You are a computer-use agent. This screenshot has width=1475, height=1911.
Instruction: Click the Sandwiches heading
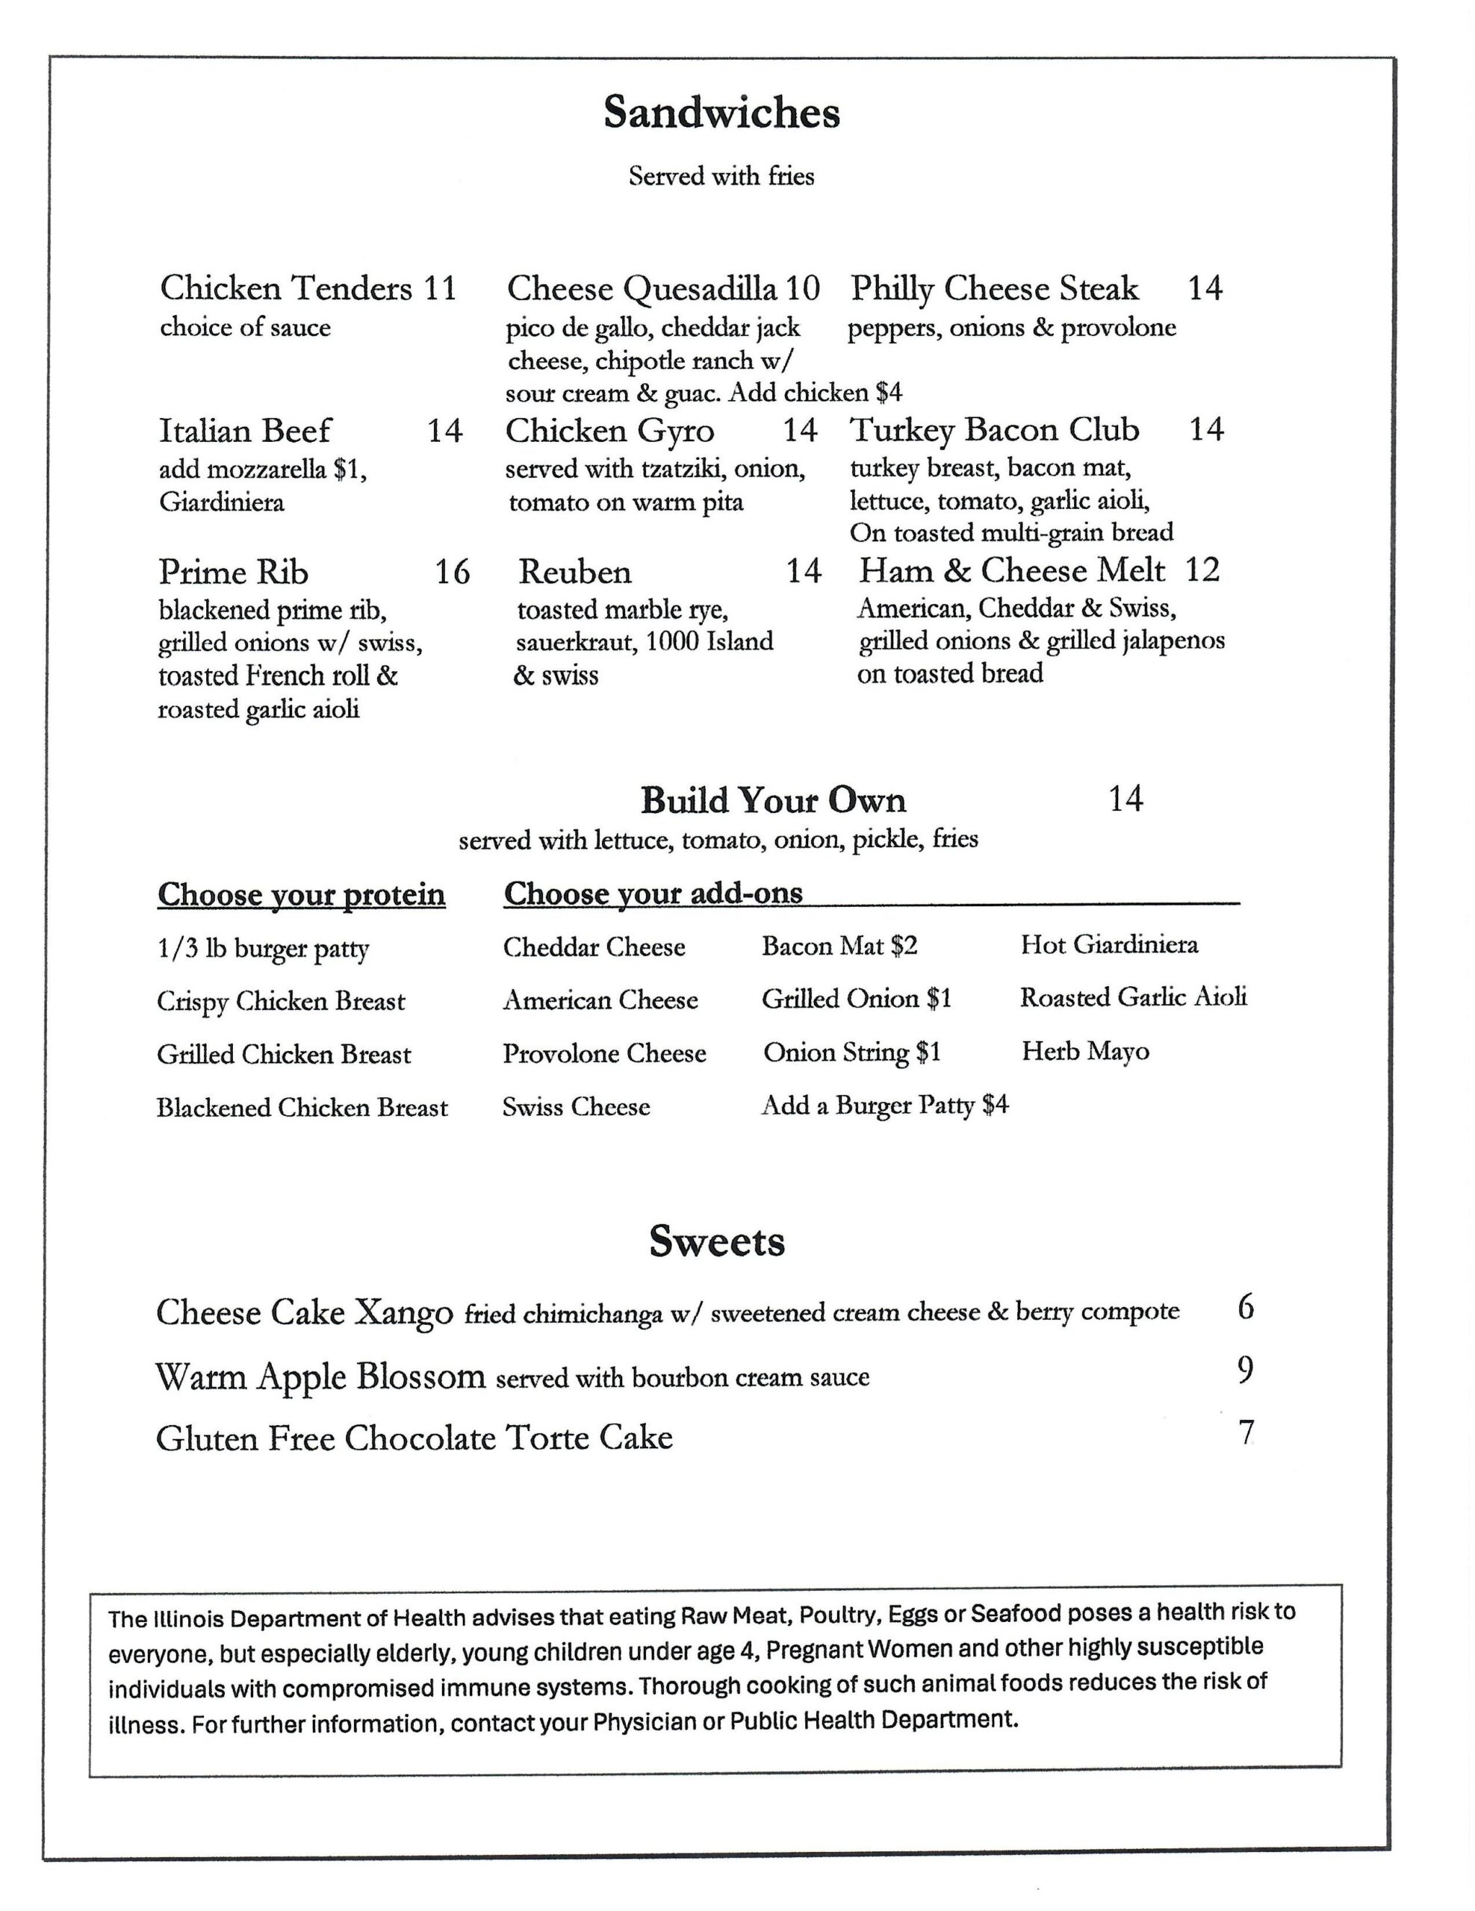coord(721,113)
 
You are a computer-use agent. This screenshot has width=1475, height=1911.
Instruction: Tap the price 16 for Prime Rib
coord(453,573)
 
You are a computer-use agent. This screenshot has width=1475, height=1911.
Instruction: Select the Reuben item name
coord(574,573)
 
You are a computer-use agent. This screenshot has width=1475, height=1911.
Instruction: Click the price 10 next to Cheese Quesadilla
coord(802,288)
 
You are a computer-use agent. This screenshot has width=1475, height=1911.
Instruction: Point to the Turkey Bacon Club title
coord(995,430)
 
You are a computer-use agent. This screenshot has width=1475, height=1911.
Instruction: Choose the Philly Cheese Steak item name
coord(995,288)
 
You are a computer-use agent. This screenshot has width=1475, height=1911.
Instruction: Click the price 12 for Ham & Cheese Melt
coord(1202,570)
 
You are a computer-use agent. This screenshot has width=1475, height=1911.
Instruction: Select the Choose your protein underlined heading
coord(301,895)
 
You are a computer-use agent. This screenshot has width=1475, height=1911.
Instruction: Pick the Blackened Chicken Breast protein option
coord(302,1108)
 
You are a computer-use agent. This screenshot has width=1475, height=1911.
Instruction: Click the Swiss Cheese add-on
coord(576,1107)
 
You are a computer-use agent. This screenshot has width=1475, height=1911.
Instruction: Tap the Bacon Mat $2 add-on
coord(839,946)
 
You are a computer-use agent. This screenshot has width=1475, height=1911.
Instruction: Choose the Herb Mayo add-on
coord(1084,1052)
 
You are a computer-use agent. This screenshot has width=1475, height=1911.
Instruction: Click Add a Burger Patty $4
coord(884,1105)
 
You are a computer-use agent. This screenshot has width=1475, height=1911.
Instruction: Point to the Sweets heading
coord(717,1241)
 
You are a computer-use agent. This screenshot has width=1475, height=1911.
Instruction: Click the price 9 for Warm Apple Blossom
coord(1245,1371)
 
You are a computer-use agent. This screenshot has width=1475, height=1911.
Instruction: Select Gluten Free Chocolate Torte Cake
coord(414,1438)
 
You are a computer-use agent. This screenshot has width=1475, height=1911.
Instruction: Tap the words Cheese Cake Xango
coord(304,1312)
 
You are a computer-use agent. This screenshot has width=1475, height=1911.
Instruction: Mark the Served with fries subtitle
coord(721,177)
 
